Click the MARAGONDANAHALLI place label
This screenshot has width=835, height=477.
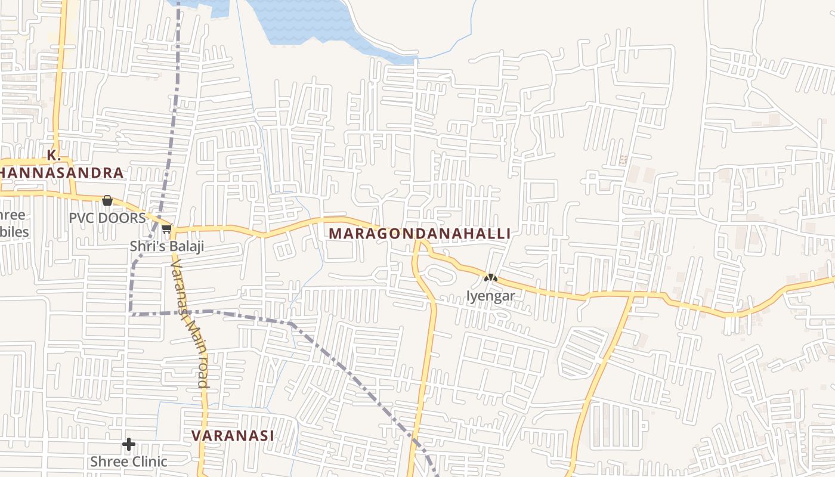pos(419,234)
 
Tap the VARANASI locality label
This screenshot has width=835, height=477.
pos(233,436)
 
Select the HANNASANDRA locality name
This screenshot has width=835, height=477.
pos(62,173)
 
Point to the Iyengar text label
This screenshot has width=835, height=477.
pos(490,296)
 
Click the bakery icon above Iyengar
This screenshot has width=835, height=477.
pos(490,277)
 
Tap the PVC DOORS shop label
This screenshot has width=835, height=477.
pos(107,218)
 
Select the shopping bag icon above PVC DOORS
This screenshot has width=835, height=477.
pos(107,200)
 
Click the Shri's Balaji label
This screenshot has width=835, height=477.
pos(167,246)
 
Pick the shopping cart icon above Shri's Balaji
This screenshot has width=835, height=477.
pos(167,228)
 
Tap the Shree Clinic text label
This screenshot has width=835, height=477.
pos(128,461)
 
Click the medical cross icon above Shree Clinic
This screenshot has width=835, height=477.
pos(128,444)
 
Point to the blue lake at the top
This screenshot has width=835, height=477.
pos(298,21)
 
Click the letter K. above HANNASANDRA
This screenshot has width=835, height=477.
pos(54,156)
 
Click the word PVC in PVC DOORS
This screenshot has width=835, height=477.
pos(81,218)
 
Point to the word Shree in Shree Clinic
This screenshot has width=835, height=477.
pos(107,461)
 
